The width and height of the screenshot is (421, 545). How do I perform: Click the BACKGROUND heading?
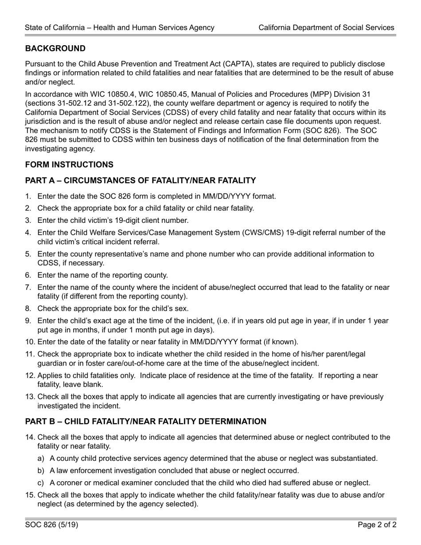55,48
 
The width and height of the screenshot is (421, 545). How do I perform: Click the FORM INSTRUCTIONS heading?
69,164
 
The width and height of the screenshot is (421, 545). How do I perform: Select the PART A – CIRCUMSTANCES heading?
140,180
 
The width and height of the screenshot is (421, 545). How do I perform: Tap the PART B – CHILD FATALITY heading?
146,421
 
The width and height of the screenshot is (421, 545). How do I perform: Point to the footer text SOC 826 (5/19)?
51,525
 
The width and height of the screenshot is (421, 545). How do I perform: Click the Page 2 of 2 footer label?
377,525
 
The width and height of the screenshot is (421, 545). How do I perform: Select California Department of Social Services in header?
326,27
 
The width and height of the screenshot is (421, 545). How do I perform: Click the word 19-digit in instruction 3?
122,220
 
